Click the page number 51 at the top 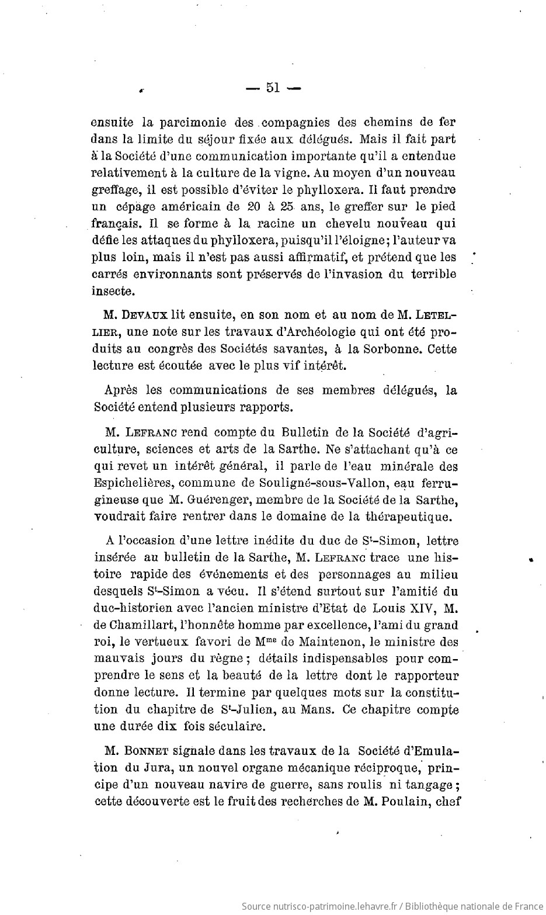point(272,88)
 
